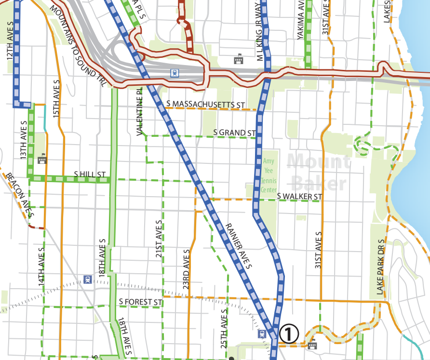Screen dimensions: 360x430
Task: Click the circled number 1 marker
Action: [289, 333]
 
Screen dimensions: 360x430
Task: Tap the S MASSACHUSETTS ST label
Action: [205, 104]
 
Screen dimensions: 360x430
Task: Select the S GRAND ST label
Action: [234, 133]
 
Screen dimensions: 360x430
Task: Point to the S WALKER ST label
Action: [299, 197]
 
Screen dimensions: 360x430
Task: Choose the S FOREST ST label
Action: [139, 302]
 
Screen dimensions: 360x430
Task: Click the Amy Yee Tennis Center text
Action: [269, 175]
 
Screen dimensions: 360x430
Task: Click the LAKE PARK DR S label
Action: [380, 267]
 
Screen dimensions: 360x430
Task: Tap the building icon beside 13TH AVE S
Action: [42, 158]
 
